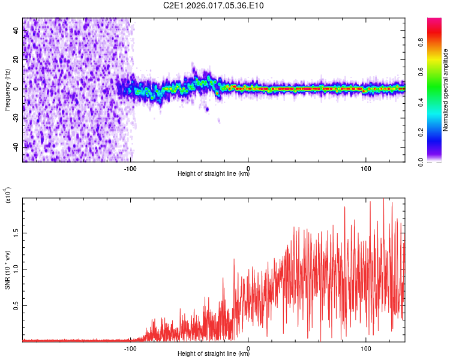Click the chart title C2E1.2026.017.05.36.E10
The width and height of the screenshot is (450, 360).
coord(214,6)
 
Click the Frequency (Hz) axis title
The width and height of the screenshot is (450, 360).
coord(7,90)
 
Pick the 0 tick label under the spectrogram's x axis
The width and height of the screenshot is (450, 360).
coord(248,167)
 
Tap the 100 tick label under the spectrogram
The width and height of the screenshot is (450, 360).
coord(366,167)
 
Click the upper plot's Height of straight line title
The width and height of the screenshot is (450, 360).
coord(214,174)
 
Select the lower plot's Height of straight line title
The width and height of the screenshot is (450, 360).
coord(214,353)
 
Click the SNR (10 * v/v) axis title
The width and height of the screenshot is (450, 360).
coord(7,270)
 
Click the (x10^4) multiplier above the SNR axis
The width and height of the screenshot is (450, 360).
coord(8,196)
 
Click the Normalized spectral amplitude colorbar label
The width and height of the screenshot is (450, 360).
coord(445,90)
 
